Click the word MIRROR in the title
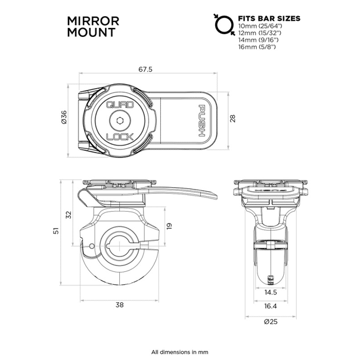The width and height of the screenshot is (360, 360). point(94,21)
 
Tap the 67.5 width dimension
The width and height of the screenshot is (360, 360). point(145,70)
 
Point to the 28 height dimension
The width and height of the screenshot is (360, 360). point(233,119)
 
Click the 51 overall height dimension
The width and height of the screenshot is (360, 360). point(56,230)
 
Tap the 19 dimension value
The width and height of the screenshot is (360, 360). point(169,225)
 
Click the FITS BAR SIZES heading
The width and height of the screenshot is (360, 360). point(269,18)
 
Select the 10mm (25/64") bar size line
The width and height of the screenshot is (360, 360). point(260,27)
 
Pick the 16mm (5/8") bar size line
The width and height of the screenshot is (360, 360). point(257,46)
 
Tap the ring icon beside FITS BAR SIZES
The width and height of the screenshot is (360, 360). point(223,24)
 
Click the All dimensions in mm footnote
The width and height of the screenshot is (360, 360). point(179,351)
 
